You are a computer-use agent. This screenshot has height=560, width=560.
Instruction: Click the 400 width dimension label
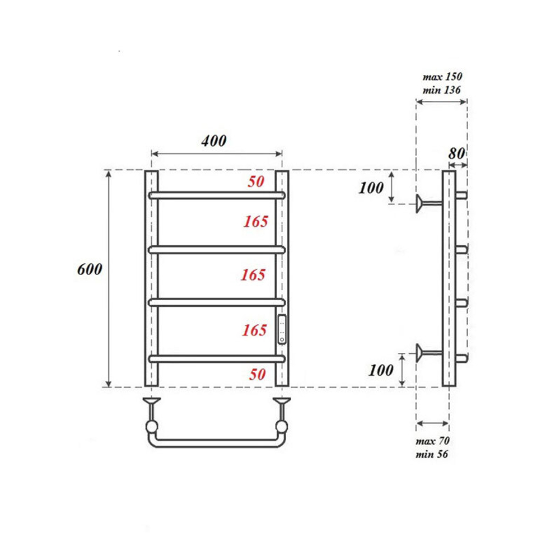pos(214,141)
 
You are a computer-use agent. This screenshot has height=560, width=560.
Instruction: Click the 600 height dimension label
pos(90,269)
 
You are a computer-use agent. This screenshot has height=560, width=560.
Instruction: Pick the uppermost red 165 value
pos(255,222)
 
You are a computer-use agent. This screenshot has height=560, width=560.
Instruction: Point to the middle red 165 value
pos(253,275)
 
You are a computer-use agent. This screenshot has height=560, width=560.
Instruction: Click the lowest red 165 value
pos(254,330)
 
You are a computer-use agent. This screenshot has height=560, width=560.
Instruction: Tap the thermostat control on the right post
pos(282,329)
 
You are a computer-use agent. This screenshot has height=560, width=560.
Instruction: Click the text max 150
pos(442,77)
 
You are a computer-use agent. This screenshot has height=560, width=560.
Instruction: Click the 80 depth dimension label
pos(458,153)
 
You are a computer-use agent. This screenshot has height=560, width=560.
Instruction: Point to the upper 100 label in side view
pos(371,188)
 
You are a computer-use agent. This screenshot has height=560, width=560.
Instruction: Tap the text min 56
pos(432,454)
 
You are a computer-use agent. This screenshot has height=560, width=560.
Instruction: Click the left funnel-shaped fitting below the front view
pos(152,402)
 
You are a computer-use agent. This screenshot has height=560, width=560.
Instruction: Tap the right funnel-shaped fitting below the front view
pos(281,402)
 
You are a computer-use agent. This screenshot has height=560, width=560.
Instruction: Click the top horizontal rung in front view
pos(217,195)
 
